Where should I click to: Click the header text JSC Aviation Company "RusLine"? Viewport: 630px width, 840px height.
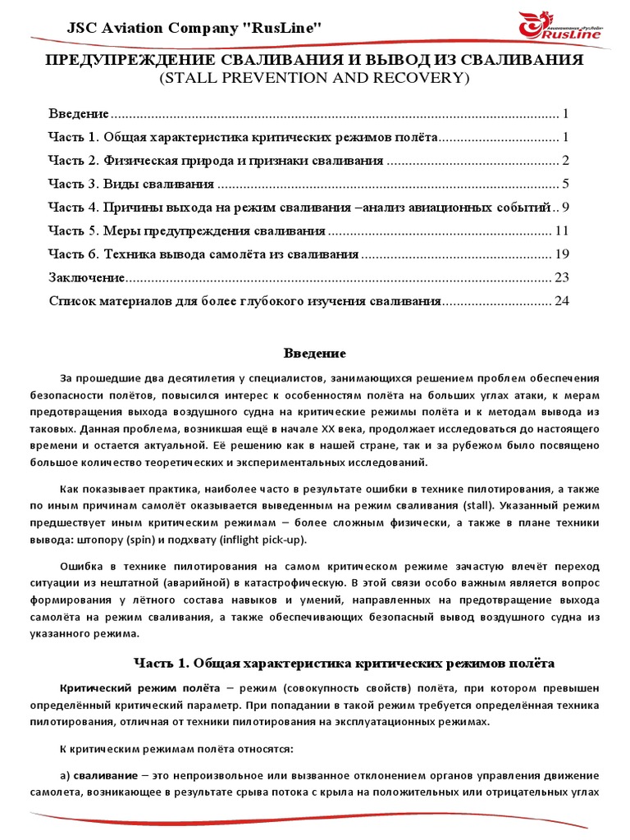pyautogui.click(x=194, y=29)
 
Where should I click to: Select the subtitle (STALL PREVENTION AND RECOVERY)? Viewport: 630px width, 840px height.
pyautogui.click(x=314, y=79)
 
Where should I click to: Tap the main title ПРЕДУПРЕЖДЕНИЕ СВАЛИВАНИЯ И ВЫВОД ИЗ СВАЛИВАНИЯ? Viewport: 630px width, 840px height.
pyautogui.click(x=314, y=62)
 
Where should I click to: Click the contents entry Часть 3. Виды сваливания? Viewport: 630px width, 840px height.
pyautogui.click(x=131, y=183)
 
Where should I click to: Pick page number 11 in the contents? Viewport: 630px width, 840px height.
pyautogui.click(x=562, y=231)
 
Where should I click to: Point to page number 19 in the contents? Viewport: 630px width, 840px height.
pyautogui.click(x=562, y=253)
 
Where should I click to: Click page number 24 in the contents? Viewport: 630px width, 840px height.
pyautogui.click(x=562, y=301)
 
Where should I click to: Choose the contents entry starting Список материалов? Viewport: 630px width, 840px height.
pyautogui.click(x=244, y=301)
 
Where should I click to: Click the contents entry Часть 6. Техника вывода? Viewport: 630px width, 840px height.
pyautogui.click(x=203, y=253)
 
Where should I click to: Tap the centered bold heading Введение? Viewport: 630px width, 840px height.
pyautogui.click(x=315, y=354)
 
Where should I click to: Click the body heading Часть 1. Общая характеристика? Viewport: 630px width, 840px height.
pyautogui.click(x=344, y=662)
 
